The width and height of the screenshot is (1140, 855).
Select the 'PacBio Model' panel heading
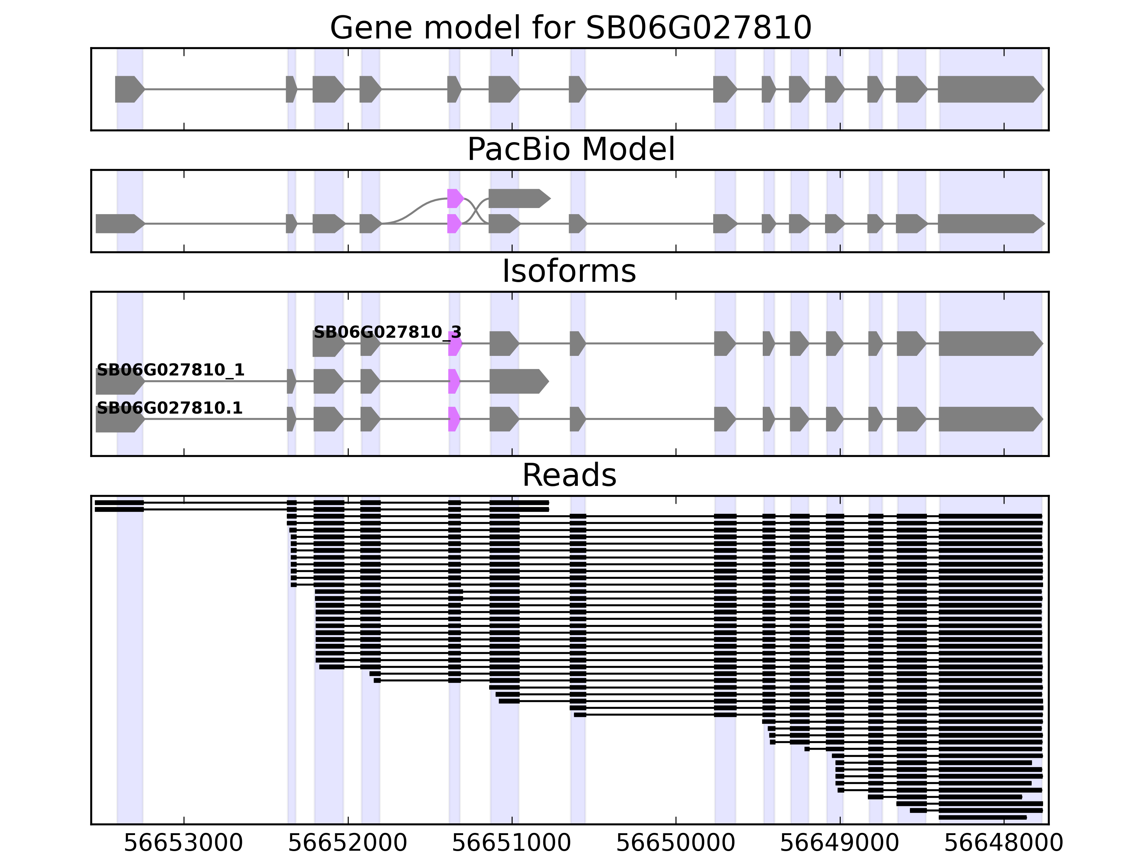coord(570,150)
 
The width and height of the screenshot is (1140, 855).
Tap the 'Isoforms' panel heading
coord(569,271)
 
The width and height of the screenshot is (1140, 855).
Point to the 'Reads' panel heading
coord(569,475)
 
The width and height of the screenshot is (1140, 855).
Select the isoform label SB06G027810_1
coord(171,370)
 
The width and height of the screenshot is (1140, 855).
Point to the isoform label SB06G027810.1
coord(170,408)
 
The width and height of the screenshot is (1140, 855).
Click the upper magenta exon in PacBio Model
coord(455,198)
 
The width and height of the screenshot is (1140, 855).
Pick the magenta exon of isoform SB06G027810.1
coord(454,419)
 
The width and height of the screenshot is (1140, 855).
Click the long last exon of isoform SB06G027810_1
coord(518,382)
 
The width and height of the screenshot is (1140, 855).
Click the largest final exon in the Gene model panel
coord(990,89)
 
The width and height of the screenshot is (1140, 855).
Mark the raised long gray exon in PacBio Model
coord(518,198)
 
